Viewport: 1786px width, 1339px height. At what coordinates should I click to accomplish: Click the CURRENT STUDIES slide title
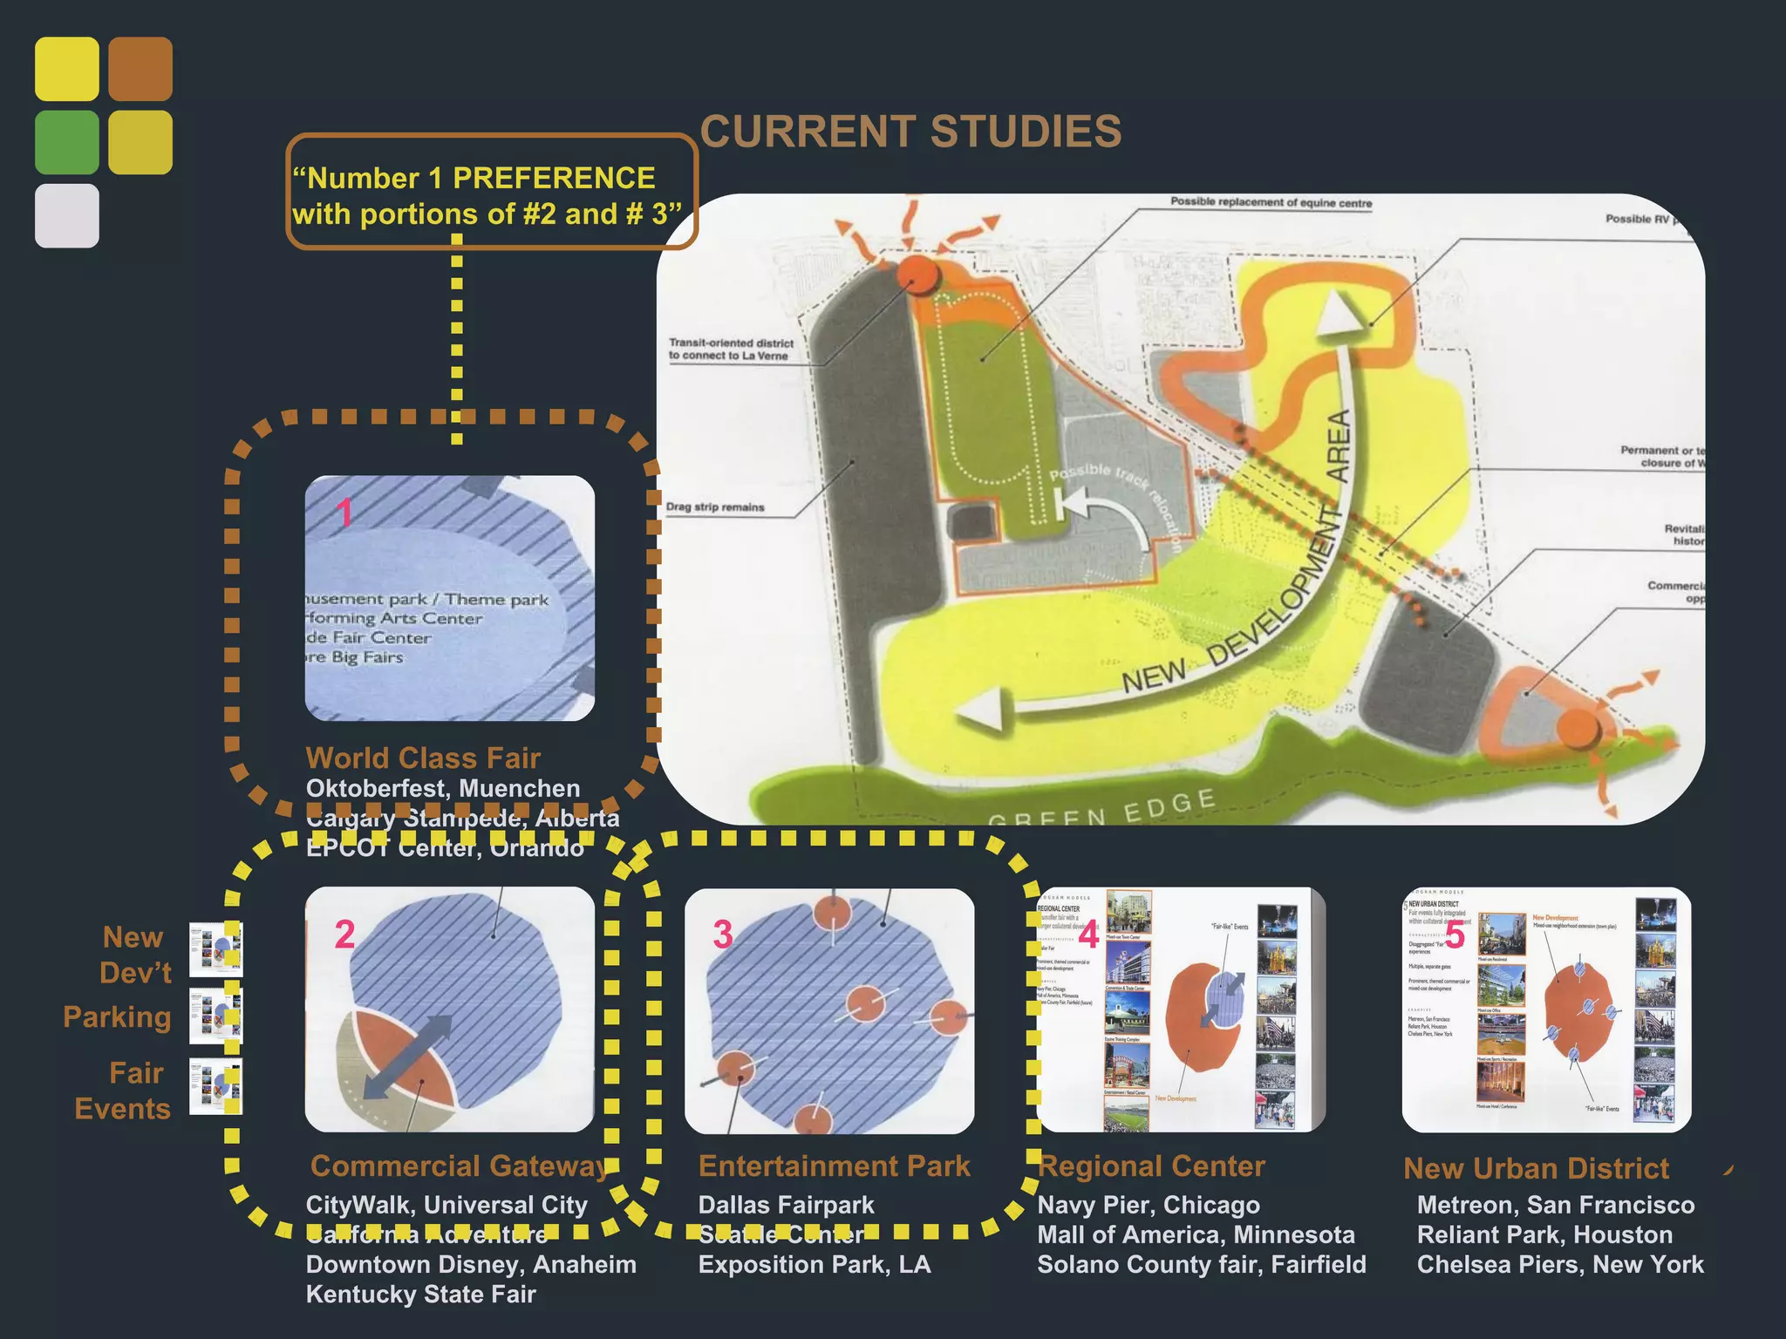(x=910, y=132)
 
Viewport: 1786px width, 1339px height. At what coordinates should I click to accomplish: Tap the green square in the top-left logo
(x=66, y=142)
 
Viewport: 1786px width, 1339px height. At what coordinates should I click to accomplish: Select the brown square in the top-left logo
(x=140, y=68)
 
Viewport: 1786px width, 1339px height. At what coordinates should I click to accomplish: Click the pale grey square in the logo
(x=66, y=215)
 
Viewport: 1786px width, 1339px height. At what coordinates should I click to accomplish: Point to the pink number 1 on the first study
(x=345, y=513)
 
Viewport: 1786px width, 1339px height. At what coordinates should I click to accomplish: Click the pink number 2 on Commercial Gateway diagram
(x=345, y=935)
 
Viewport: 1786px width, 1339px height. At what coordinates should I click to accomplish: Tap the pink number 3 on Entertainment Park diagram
(x=723, y=935)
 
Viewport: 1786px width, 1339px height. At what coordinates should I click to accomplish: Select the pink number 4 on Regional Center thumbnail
(x=1088, y=935)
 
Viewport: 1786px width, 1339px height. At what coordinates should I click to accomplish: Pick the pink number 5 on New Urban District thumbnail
(x=1455, y=935)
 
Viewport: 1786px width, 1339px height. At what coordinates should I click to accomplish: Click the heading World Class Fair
(x=423, y=758)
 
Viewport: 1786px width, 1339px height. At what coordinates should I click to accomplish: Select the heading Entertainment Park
(x=834, y=1166)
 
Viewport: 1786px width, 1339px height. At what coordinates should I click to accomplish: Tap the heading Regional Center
(x=1151, y=1166)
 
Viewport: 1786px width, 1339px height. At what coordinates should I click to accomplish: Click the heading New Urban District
(x=1536, y=1168)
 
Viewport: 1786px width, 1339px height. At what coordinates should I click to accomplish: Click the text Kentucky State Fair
(x=420, y=1294)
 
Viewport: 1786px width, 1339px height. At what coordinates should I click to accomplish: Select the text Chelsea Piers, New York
(x=1559, y=1264)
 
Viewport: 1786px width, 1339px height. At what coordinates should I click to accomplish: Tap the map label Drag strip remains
(x=715, y=506)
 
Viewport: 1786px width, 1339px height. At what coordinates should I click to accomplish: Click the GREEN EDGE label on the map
(x=1101, y=807)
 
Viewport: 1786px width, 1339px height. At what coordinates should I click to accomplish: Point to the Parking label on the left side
(x=117, y=1016)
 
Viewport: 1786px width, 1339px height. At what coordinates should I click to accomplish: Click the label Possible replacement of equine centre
(x=1271, y=202)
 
